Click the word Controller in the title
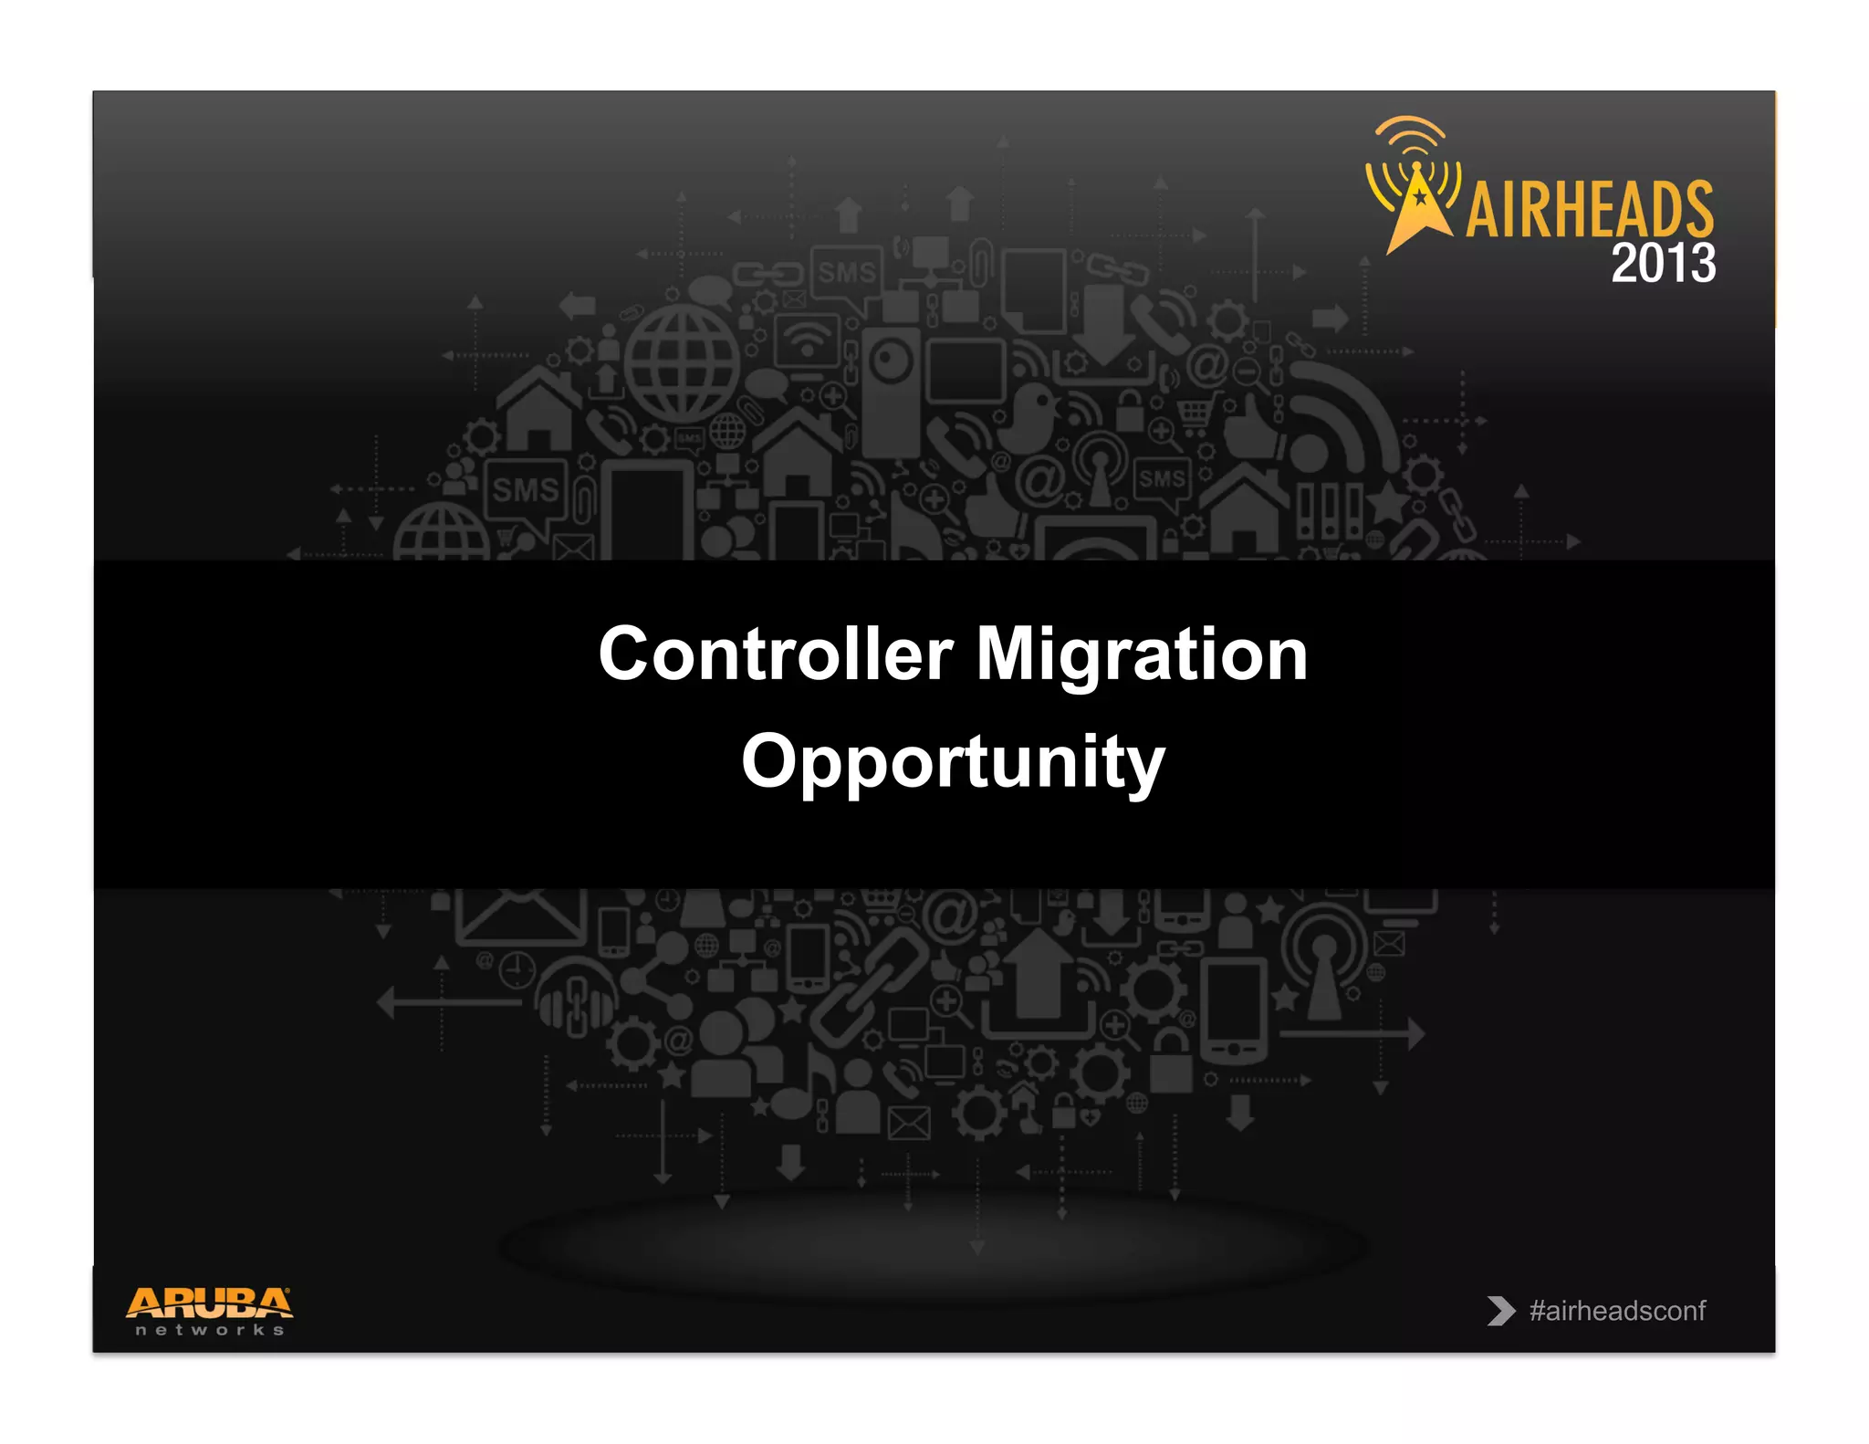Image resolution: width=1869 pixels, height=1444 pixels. click(x=776, y=654)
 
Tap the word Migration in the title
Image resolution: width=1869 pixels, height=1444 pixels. click(x=1142, y=654)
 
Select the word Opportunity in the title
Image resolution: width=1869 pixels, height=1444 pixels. click(x=953, y=762)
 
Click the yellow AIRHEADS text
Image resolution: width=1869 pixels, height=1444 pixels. click(x=1589, y=210)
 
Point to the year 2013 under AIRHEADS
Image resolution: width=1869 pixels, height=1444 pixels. click(x=1663, y=264)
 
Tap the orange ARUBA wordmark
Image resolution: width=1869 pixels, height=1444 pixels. click(x=209, y=1303)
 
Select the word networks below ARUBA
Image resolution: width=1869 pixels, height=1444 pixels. click(x=209, y=1330)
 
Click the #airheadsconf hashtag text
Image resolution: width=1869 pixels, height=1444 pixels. click(x=1617, y=1311)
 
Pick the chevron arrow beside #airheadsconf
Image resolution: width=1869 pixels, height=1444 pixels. click(x=1499, y=1311)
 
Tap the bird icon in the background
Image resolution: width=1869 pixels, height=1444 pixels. click(x=1031, y=415)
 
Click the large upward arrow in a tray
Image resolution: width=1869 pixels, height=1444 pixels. click(x=1039, y=986)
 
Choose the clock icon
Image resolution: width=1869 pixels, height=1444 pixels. click(x=517, y=969)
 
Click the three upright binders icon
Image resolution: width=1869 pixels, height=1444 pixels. click(x=1329, y=511)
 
